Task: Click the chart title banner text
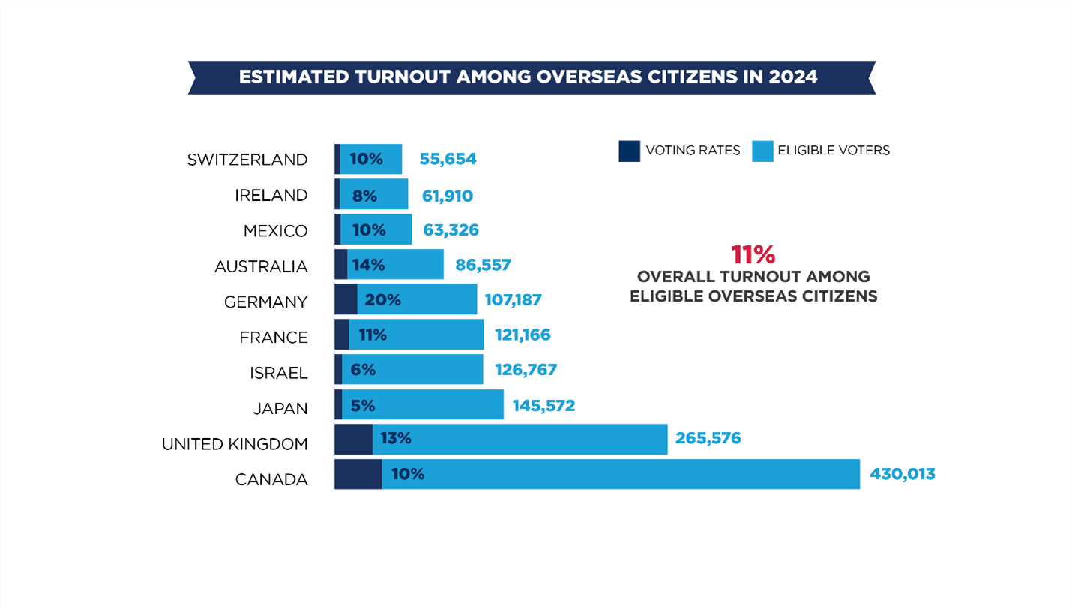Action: pos(528,77)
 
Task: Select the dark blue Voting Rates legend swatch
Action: pos(629,151)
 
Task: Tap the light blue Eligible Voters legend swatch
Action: pos(762,151)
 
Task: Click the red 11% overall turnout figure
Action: pos(753,254)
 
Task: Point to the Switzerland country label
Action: pos(247,160)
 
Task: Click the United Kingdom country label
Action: pos(235,444)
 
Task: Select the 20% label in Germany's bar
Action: pos(382,300)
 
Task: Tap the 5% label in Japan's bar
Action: pos(362,406)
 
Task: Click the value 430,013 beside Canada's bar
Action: pos(902,474)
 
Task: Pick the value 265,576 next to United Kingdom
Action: pos(708,438)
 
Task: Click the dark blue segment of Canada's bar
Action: pos(358,474)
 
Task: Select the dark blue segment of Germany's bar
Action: pos(346,299)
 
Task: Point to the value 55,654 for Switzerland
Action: pos(448,159)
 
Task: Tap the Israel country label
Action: pos(278,373)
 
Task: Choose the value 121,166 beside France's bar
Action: pos(523,334)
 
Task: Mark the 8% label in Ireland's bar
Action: pos(364,195)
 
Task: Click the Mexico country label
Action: pos(275,231)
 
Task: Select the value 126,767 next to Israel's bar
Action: pos(526,370)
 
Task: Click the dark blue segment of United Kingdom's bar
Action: pos(353,439)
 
